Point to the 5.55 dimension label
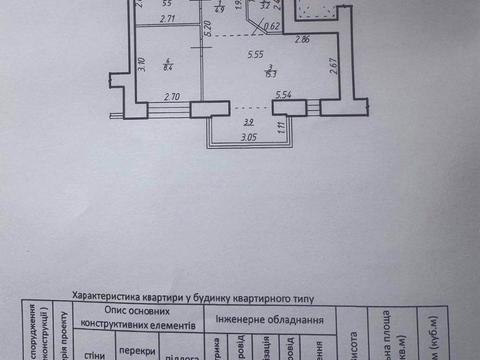pos(253,55)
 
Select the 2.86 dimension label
pos(302,39)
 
